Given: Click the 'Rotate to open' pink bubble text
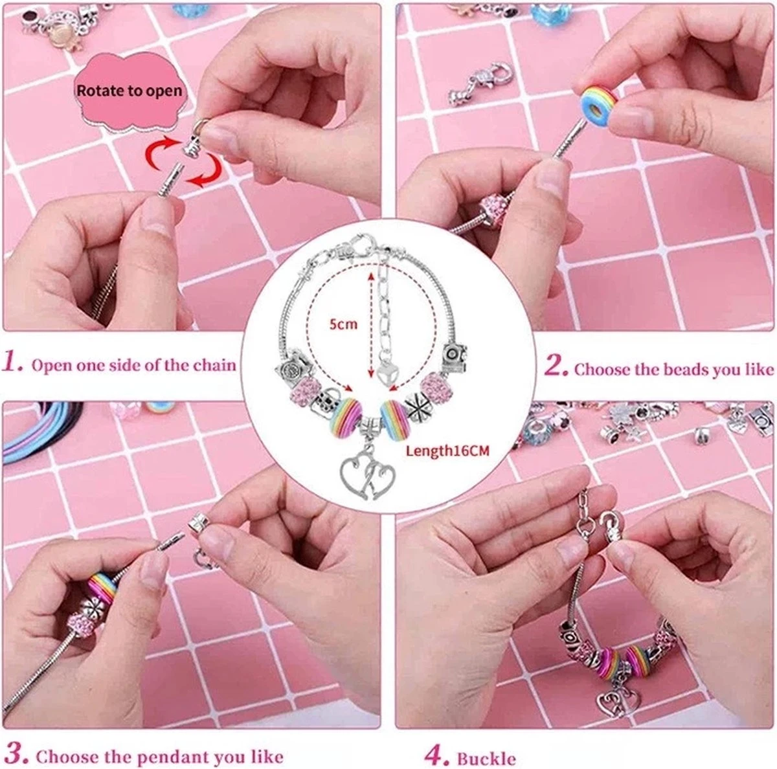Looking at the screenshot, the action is [x=129, y=91].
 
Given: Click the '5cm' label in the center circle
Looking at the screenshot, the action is [x=343, y=324].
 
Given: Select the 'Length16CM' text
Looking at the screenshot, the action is [x=447, y=451].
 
